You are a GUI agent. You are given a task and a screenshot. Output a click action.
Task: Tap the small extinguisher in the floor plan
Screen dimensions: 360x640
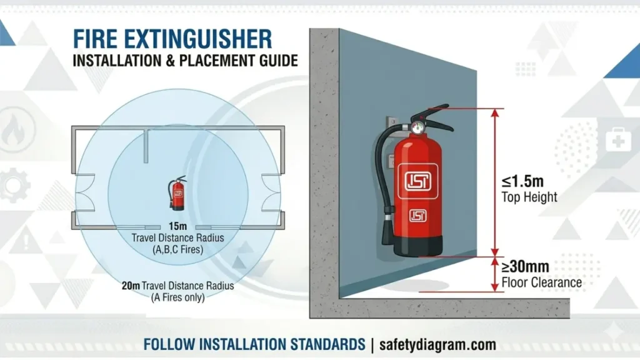[x=178, y=193]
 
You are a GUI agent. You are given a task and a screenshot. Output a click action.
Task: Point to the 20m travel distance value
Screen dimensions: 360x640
[x=131, y=286]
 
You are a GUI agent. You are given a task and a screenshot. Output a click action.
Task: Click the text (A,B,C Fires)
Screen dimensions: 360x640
[x=177, y=250]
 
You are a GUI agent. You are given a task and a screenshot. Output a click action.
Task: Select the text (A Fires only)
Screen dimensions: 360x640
[x=177, y=297]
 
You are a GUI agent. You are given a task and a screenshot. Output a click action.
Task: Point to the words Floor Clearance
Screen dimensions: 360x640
[x=541, y=282]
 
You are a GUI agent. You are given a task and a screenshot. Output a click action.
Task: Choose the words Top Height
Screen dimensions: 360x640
[x=529, y=197]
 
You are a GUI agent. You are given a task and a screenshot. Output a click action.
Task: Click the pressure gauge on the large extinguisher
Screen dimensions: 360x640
[x=416, y=127]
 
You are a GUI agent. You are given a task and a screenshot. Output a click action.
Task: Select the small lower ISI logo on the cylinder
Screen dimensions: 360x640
[x=417, y=216]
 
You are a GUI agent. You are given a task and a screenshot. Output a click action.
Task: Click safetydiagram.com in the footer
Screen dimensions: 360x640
[x=436, y=344]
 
